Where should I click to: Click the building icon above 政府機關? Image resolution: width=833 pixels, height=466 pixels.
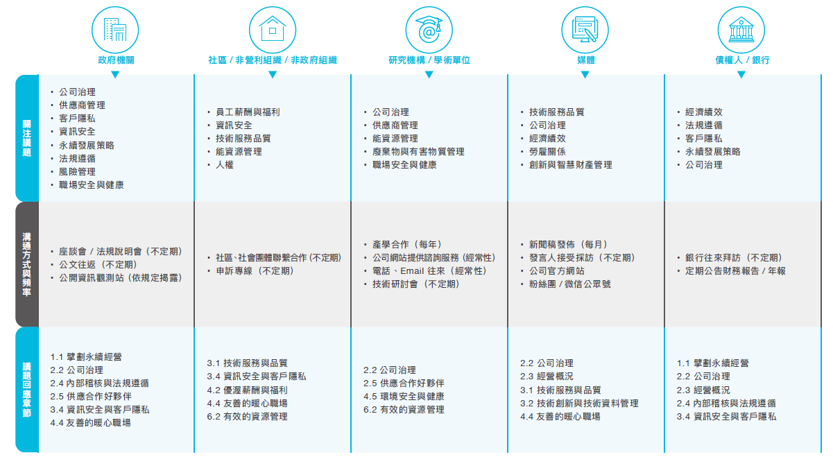(115, 30)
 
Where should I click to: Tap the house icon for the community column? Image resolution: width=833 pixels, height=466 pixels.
(273, 30)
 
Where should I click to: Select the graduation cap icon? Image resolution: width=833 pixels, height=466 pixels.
(429, 30)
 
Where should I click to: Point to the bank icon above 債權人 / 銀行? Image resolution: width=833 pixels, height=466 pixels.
(741, 30)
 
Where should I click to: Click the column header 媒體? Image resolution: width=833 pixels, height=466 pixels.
(585, 60)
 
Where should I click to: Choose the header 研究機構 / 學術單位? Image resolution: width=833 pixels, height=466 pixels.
(429, 60)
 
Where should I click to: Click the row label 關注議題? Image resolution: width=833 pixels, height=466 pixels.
(27, 138)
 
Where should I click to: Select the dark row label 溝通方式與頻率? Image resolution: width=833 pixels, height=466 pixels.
(27, 264)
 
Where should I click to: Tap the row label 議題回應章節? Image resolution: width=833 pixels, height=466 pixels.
(27, 390)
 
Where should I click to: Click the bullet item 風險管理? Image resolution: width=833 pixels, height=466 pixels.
(78, 172)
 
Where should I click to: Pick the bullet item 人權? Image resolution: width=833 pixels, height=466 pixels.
(225, 165)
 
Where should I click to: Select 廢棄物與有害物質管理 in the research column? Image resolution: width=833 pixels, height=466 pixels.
(418, 152)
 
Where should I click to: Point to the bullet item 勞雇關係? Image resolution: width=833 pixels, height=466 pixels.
(547, 152)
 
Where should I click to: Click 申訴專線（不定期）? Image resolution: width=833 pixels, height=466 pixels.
(255, 271)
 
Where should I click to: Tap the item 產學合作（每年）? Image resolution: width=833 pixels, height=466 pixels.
(408, 244)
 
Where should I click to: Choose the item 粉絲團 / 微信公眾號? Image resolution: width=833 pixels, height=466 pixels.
(569, 284)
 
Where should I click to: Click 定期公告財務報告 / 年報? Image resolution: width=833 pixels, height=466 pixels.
(736, 271)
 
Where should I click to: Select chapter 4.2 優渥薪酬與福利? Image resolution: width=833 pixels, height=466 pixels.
(248, 390)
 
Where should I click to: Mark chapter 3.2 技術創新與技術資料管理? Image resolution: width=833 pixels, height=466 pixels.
(579, 404)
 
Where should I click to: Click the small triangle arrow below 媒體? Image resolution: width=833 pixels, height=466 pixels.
(585, 74)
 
